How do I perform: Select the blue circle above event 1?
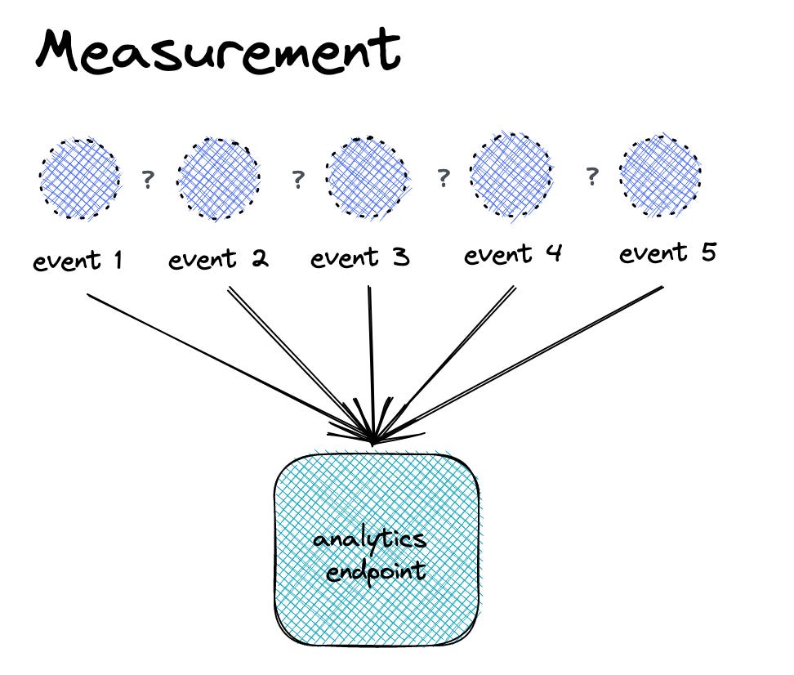coord(79,177)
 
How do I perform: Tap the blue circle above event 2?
coord(218,177)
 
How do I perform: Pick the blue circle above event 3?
coord(367,177)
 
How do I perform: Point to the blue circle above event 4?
coord(511,175)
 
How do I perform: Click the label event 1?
coord(78,262)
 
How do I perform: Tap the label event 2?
coord(218,261)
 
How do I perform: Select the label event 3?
coord(360,259)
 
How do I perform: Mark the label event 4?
coord(513,255)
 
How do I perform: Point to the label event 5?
coord(667,253)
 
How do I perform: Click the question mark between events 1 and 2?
coord(148,179)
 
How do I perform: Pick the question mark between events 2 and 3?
coord(298,179)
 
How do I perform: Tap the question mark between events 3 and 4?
coord(444,177)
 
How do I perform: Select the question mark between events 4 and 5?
coord(592,176)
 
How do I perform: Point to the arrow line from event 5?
coord(523,362)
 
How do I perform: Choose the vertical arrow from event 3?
coord(372,360)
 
